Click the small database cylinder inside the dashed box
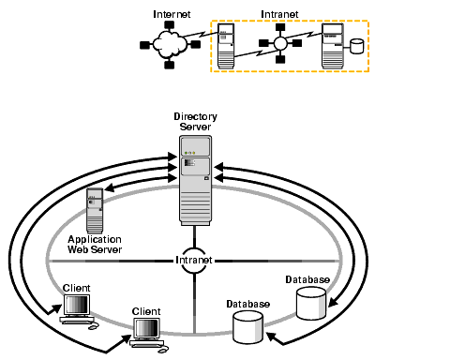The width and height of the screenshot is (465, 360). pos(357,46)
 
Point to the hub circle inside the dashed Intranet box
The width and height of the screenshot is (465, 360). pos(279,43)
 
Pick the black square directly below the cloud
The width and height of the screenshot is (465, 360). pos(170,65)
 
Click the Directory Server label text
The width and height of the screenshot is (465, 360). pos(195,121)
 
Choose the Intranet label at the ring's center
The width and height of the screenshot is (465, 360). pos(194,260)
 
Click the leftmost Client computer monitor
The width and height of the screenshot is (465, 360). pos(76,306)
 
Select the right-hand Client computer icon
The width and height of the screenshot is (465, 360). pos(147,331)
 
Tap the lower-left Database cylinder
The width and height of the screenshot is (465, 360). pos(248,327)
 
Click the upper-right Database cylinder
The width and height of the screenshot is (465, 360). pos(310,303)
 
